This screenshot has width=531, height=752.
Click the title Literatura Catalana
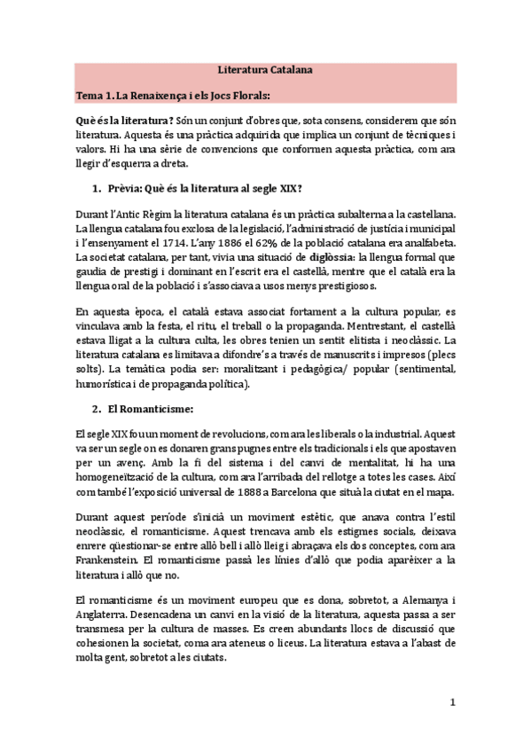265,68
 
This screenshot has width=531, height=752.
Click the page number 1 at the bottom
451,704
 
